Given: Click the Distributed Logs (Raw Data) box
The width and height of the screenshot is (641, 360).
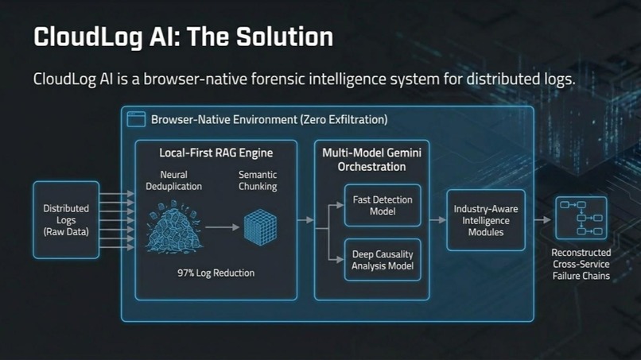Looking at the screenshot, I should coord(66,220).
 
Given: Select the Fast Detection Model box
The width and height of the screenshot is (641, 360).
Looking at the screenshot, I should coord(383,206).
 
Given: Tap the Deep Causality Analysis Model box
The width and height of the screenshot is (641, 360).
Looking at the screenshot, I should coord(383,260).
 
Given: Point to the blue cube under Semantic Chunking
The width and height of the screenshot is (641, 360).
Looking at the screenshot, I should coord(259,226).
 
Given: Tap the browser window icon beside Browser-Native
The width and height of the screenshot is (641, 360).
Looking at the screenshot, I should coord(136,120).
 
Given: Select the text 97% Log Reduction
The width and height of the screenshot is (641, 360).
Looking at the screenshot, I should coord(216,273).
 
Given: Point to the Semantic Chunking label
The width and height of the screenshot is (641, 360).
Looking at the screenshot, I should coord(258,180).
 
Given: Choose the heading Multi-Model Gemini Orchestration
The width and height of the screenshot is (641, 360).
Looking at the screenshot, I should coord(371,159).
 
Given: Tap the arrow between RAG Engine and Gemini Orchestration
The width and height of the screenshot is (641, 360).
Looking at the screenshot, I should coord(305,220).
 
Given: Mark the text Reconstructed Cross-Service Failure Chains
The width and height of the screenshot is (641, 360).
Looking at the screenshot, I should coord(581,265).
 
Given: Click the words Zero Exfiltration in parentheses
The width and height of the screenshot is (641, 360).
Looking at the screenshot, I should coord(344,120).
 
